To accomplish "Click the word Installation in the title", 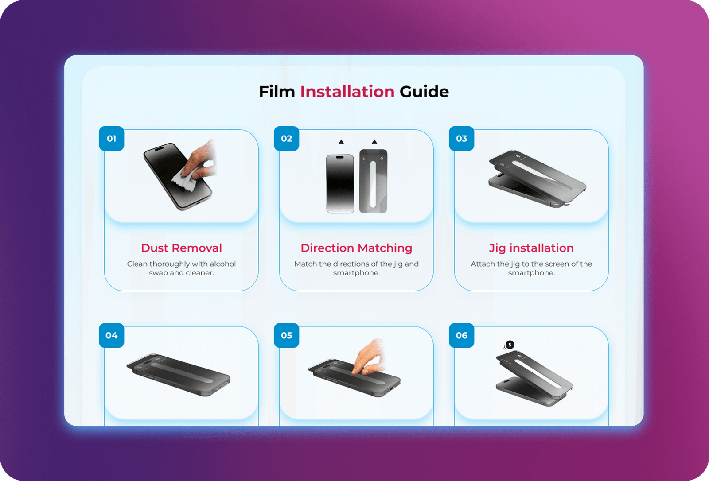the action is pyautogui.click(x=347, y=92).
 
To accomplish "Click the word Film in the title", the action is pyautogui.click(x=277, y=92).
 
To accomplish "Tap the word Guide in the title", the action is pyautogui.click(x=424, y=92).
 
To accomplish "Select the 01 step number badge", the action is pyautogui.click(x=111, y=139).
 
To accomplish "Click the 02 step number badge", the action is pyautogui.click(x=286, y=139).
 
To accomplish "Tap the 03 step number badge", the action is pyautogui.click(x=461, y=139).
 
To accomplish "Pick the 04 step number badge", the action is pyautogui.click(x=111, y=335).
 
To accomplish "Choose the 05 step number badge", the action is pyautogui.click(x=286, y=335).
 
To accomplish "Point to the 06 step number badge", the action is pyautogui.click(x=461, y=335).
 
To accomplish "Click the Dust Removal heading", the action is pyautogui.click(x=181, y=248).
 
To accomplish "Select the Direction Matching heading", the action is pyautogui.click(x=356, y=248).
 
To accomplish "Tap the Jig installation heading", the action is pyautogui.click(x=531, y=248).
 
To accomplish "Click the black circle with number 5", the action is pyautogui.click(x=510, y=345).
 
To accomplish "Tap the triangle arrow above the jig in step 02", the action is pyautogui.click(x=374, y=141).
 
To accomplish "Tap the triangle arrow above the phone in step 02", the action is pyautogui.click(x=341, y=141).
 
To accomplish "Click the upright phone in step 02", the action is pyautogui.click(x=340, y=183).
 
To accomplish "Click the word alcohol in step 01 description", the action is pyautogui.click(x=223, y=264).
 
